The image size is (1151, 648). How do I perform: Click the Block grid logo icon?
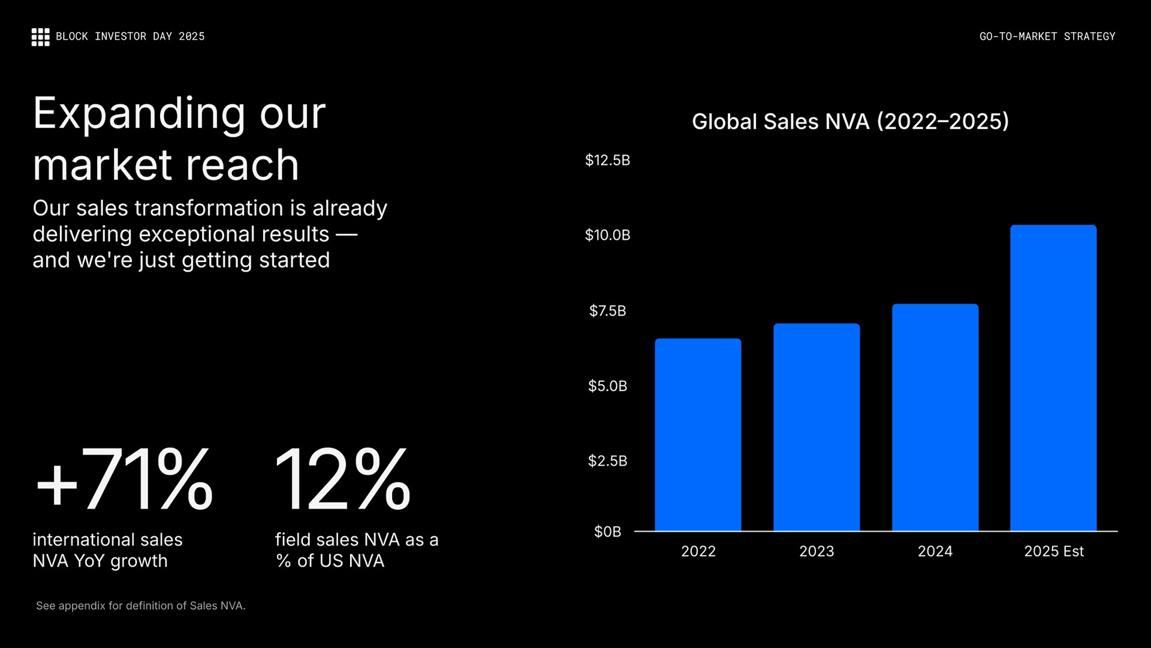(x=40, y=37)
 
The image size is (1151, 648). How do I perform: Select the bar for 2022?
(x=698, y=435)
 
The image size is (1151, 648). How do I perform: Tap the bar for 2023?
(x=816, y=427)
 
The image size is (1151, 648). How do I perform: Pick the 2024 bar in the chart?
(x=935, y=417)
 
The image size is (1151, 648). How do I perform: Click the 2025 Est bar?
(x=1053, y=378)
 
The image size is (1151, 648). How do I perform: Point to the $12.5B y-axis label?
(x=607, y=160)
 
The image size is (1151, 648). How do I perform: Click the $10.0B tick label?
(x=607, y=235)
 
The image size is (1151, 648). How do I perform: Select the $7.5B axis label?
(x=607, y=311)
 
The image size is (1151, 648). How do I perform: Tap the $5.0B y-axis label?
(x=607, y=385)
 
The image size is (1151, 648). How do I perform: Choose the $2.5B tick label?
(x=607, y=460)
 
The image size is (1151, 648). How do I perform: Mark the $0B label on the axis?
(x=607, y=532)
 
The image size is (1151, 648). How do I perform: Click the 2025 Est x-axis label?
(x=1053, y=551)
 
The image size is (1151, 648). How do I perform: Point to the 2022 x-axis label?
(x=698, y=551)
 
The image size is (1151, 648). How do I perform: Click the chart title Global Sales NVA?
(x=850, y=122)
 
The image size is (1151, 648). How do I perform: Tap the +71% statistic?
(x=124, y=480)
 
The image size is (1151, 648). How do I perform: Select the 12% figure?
(x=342, y=480)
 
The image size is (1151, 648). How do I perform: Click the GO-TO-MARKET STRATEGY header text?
(x=1047, y=37)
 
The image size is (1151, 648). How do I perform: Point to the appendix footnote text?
(x=141, y=606)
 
